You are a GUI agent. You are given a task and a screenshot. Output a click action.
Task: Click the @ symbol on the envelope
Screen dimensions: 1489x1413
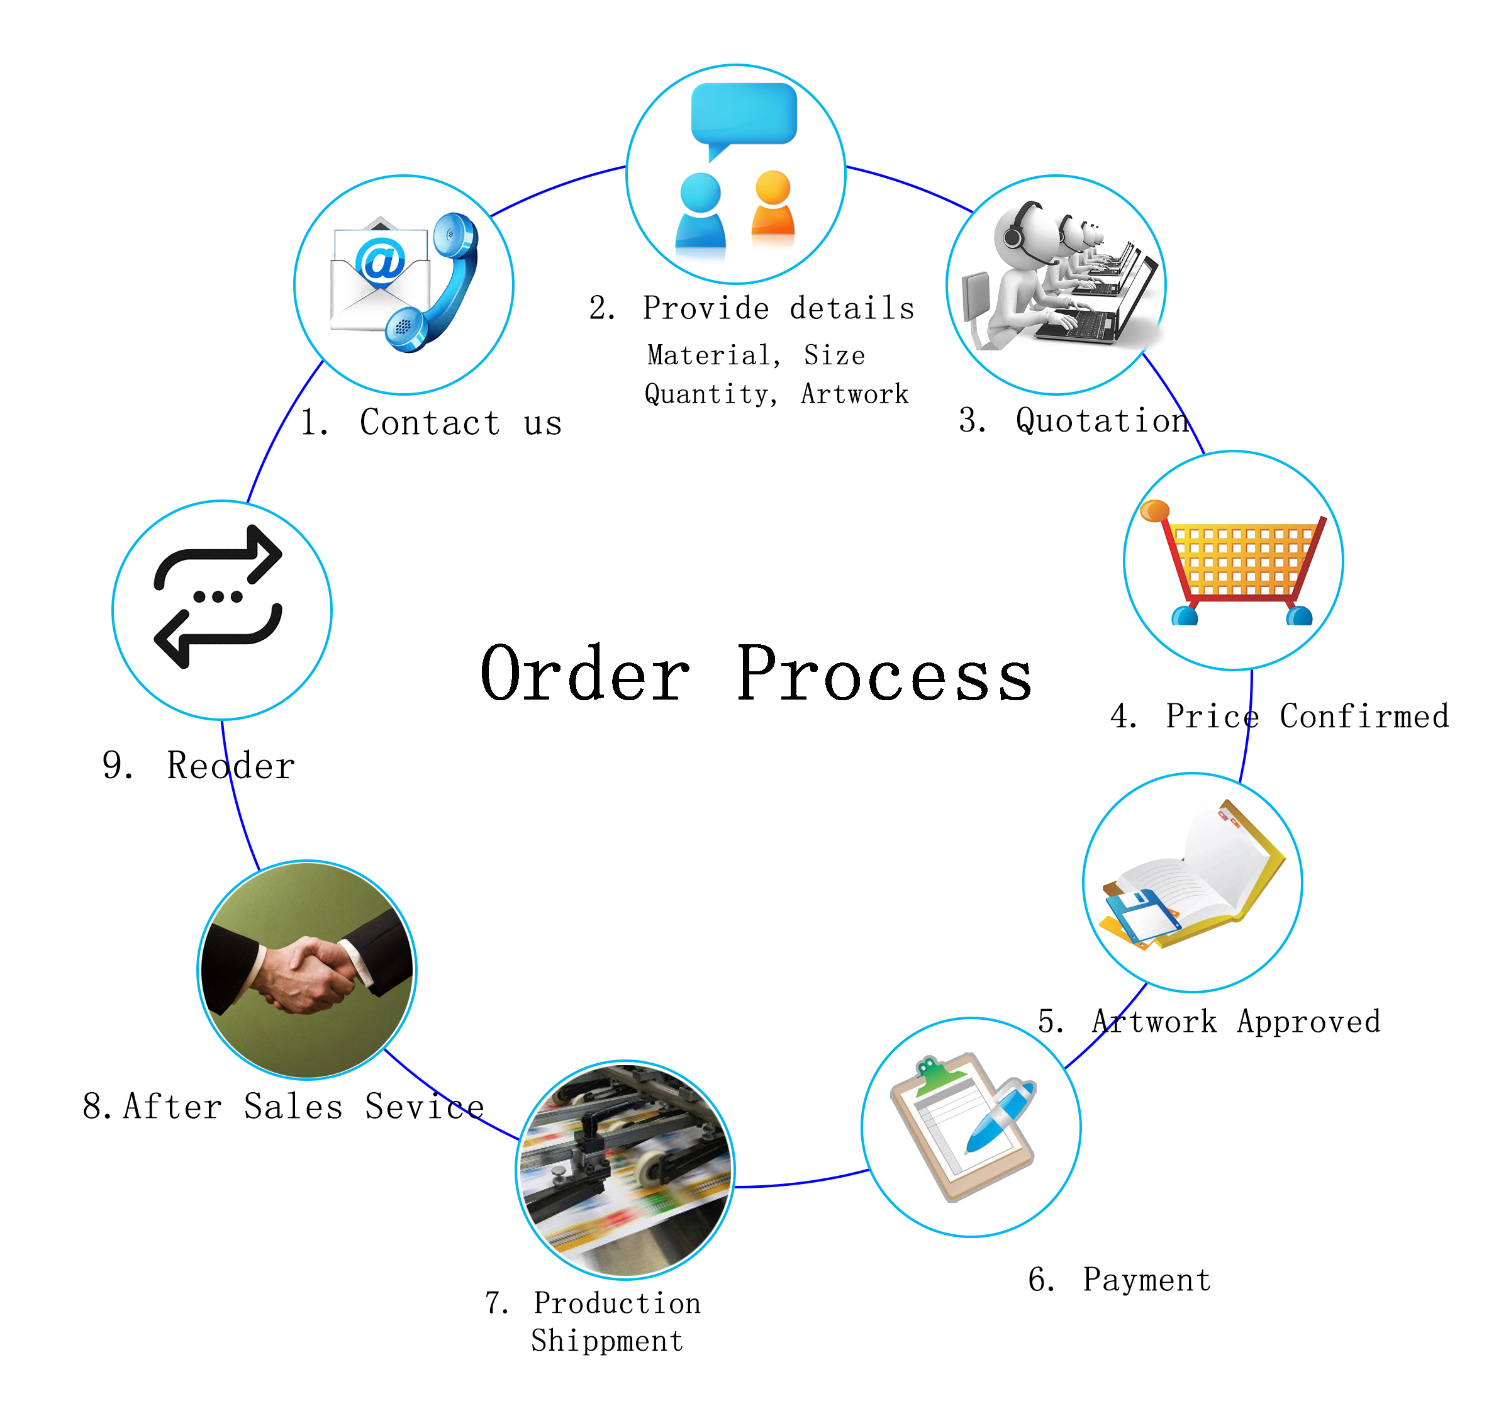tap(381, 260)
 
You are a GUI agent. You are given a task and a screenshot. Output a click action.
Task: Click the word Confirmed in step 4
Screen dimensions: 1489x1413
tap(1364, 715)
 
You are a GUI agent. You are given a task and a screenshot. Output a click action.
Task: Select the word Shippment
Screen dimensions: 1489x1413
tap(607, 1341)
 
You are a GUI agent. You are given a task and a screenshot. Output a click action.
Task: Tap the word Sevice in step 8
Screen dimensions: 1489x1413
tap(425, 1107)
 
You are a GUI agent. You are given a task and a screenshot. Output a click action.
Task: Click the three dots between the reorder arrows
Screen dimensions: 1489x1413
tap(218, 597)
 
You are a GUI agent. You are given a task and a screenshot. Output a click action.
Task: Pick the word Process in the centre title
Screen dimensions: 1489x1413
tap(884, 674)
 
